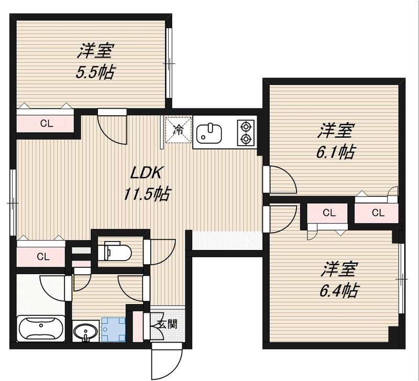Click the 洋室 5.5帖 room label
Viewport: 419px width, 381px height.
[95, 62]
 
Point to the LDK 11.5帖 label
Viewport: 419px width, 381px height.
[146, 184]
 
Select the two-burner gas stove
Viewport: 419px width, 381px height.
[245, 132]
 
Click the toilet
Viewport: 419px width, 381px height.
[116, 250]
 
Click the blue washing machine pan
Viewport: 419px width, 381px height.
[113, 330]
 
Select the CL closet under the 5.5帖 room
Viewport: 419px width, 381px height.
[47, 124]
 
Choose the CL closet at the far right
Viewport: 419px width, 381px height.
[378, 212]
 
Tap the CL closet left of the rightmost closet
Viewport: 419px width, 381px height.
[328, 212]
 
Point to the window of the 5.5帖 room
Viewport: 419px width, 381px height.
[169, 63]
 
